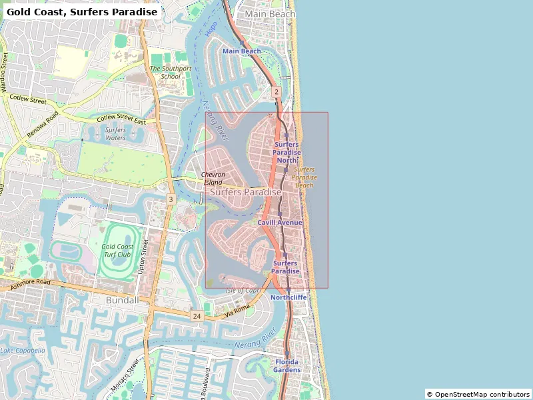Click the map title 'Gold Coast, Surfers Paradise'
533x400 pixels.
(x=82, y=12)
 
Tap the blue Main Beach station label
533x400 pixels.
(x=242, y=51)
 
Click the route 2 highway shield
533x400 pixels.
(x=276, y=91)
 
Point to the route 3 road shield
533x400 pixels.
(x=171, y=199)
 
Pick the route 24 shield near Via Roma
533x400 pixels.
(x=196, y=315)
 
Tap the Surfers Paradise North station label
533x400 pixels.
(x=286, y=152)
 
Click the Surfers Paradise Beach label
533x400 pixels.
(x=304, y=177)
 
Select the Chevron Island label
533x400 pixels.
(x=213, y=178)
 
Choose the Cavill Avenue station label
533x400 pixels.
(x=280, y=223)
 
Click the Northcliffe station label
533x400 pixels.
(x=288, y=297)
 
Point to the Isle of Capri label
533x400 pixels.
(x=243, y=290)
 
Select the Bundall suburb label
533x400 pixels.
(x=123, y=301)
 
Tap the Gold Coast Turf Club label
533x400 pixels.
(x=117, y=251)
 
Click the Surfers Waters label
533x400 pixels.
(x=115, y=134)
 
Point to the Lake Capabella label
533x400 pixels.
(x=23, y=351)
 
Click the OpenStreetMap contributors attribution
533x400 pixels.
(x=478, y=394)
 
